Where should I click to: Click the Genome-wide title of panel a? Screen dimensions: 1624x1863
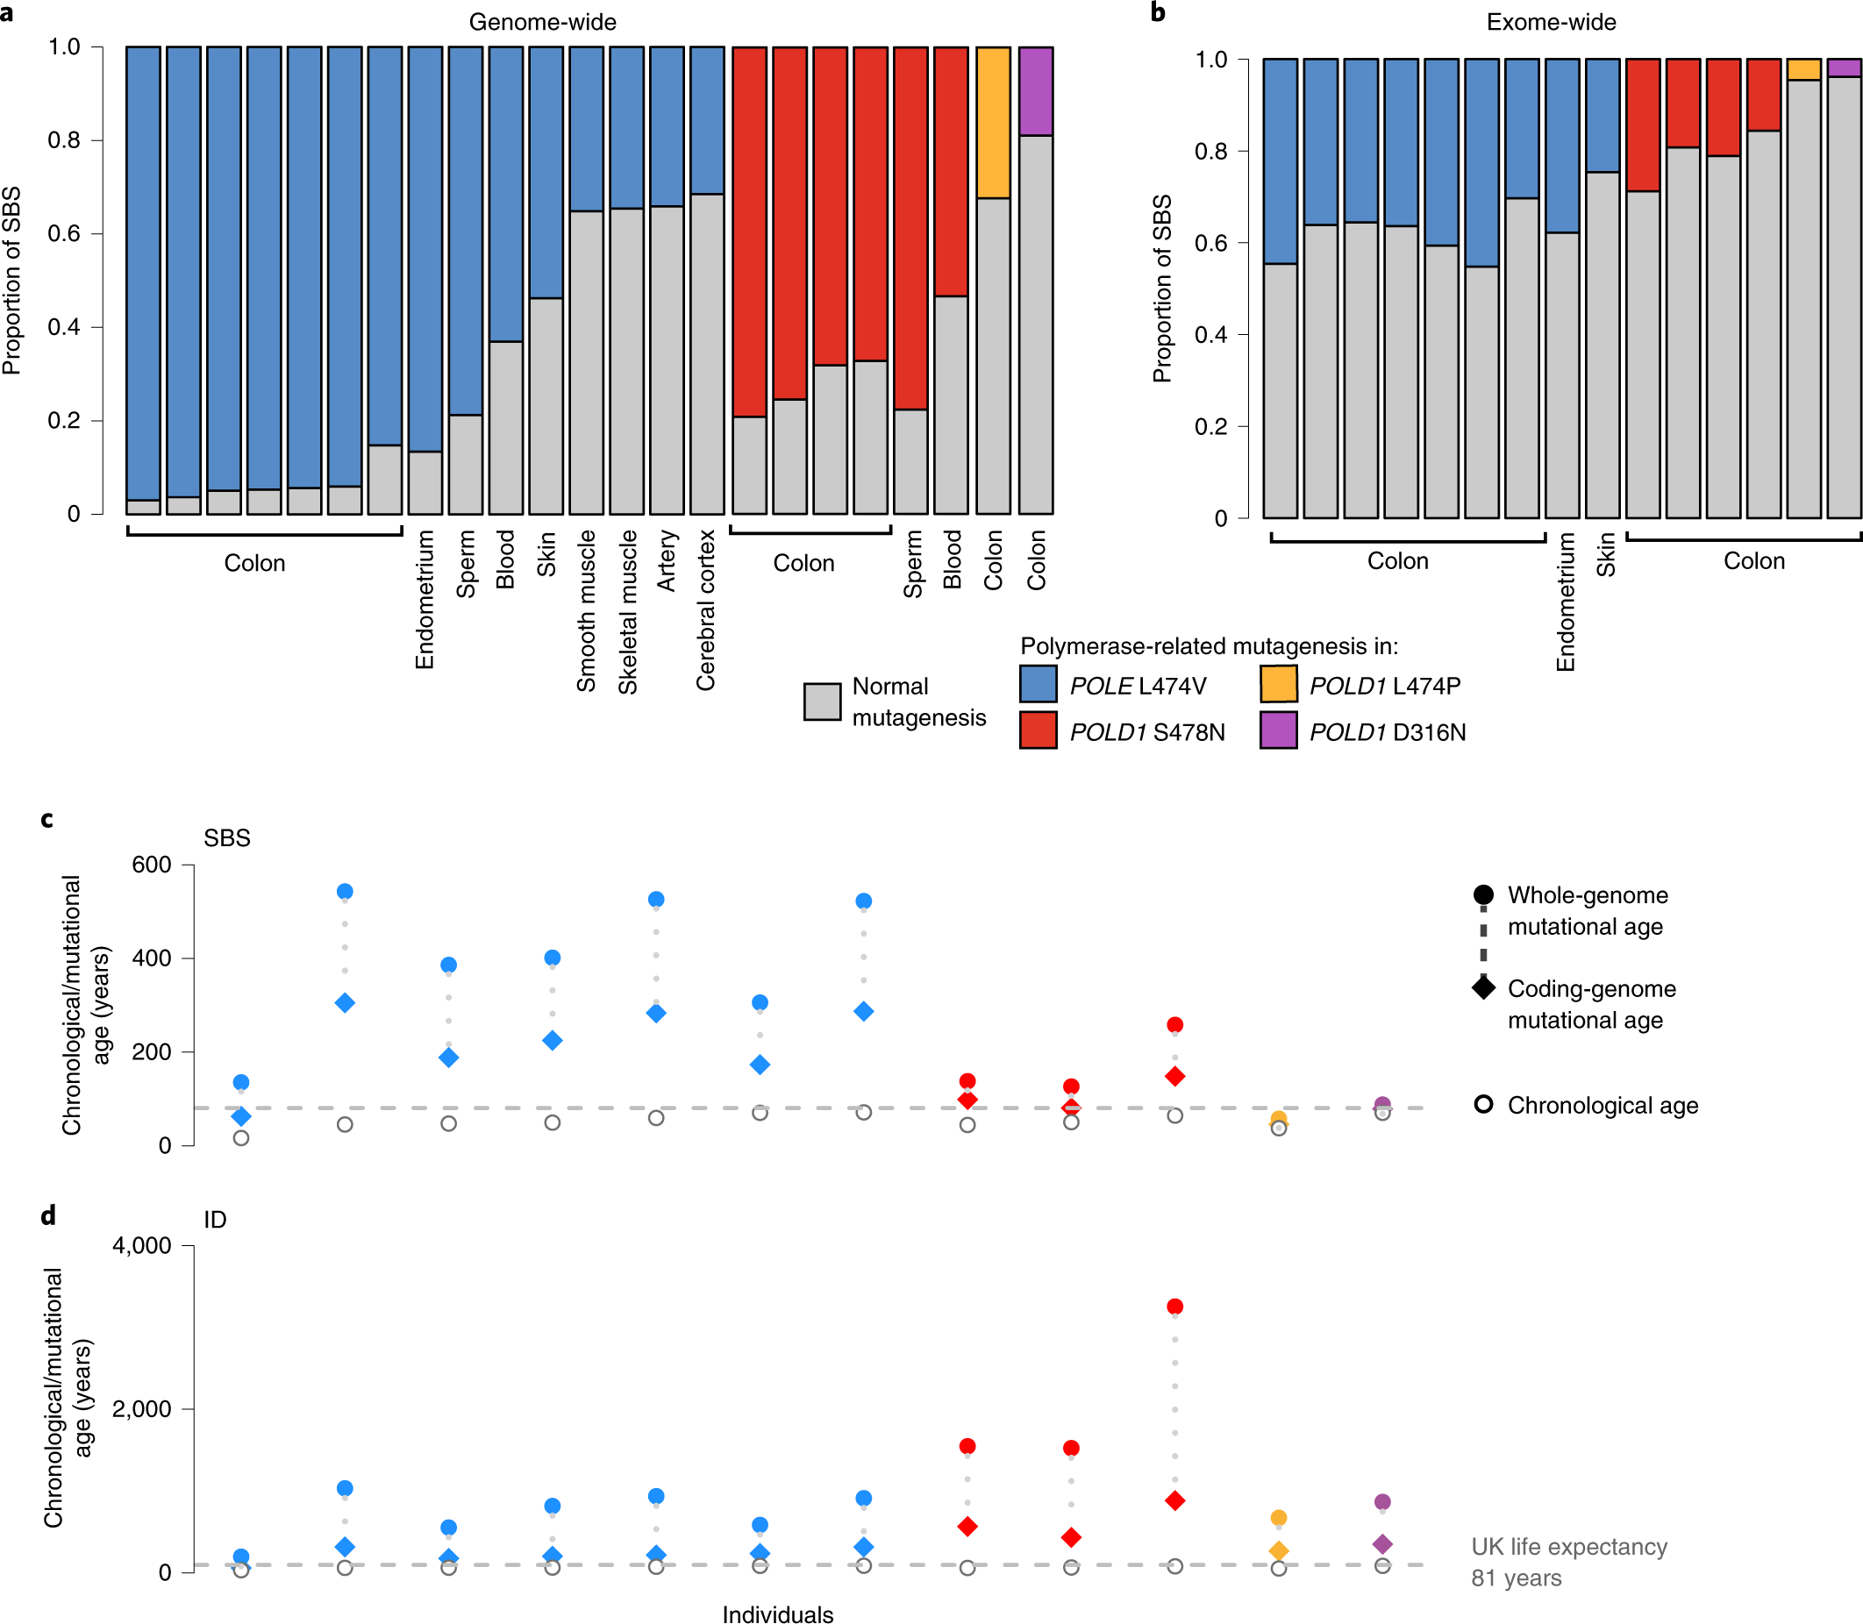[542, 22]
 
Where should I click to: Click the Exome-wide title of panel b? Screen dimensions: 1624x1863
[1550, 22]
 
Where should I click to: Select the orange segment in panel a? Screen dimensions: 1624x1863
[993, 123]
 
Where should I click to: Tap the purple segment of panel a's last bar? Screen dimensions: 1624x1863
[1035, 90]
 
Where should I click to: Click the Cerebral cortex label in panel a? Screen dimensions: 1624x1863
[705, 610]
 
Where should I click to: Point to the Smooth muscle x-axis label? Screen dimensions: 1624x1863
[587, 611]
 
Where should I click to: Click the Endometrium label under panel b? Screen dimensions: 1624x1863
[1565, 602]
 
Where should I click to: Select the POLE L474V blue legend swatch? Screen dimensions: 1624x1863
[1038, 684]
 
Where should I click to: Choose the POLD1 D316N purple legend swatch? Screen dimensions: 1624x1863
[1277, 730]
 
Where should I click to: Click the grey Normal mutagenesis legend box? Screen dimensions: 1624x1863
[822, 702]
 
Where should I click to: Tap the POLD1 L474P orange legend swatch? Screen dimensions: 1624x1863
[1277, 684]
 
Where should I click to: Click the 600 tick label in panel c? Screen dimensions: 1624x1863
[152, 865]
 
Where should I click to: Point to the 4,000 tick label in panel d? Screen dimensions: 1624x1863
[141, 1245]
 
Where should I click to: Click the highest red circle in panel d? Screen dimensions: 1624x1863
[1175, 1306]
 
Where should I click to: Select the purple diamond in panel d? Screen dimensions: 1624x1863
[1381, 1543]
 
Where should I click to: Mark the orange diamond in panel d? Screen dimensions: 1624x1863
[1278, 1550]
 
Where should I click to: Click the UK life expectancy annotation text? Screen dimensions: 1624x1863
[1567, 1562]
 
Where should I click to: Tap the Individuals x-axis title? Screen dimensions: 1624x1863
[777, 1613]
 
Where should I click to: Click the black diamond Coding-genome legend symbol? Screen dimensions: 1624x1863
[1483, 987]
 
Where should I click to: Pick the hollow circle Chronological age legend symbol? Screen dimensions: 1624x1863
[1483, 1105]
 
